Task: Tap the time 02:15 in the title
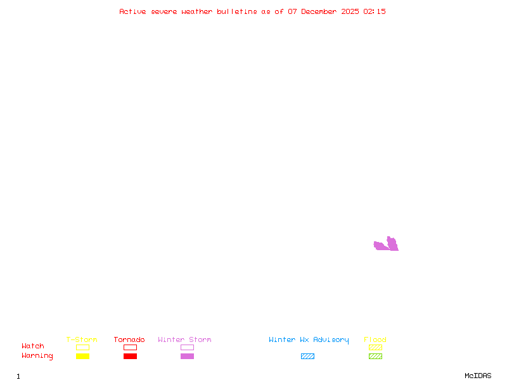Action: click(375, 11)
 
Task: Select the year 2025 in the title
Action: click(349, 11)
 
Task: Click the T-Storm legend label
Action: click(82, 340)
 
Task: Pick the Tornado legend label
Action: click(129, 340)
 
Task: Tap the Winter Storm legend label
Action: click(184, 340)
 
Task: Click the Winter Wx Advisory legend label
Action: click(309, 340)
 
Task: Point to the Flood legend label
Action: click(375, 340)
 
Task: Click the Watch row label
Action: click(33, 346)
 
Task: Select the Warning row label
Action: click(37, 356)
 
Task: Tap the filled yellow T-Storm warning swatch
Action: click(82, 356)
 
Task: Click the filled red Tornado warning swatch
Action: click(130, 356)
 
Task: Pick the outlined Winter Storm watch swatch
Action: click(187, 347)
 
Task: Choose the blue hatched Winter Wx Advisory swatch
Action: click(307, 356)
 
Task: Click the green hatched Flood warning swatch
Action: click(375, 356)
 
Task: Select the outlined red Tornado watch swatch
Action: click(130, 347)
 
